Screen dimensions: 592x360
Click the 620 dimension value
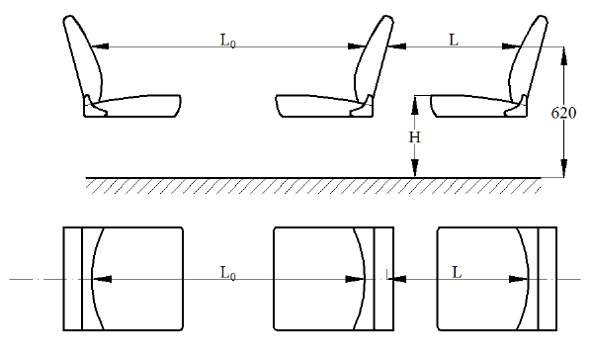563,113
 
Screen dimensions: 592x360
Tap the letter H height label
414,137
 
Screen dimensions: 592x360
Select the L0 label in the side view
228,41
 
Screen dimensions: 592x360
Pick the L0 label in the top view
228,273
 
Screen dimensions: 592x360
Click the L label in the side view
454,40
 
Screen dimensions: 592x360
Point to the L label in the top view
457,272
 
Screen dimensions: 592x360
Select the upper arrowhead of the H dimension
414,105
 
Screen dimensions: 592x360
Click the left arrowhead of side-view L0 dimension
101,46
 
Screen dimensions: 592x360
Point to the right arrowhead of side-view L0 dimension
357,46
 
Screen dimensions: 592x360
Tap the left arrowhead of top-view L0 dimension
102,279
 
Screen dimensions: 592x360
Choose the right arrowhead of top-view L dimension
519,279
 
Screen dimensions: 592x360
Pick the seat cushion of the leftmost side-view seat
132,106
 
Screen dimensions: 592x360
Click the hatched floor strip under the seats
313,186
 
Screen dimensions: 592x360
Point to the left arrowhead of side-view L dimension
397,46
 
